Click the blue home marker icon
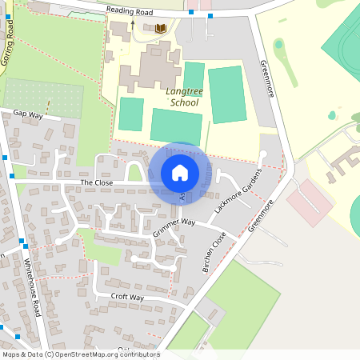180,173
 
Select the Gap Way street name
26,115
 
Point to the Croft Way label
128,298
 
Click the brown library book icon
161,28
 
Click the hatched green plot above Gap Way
44,98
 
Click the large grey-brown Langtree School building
152,68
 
